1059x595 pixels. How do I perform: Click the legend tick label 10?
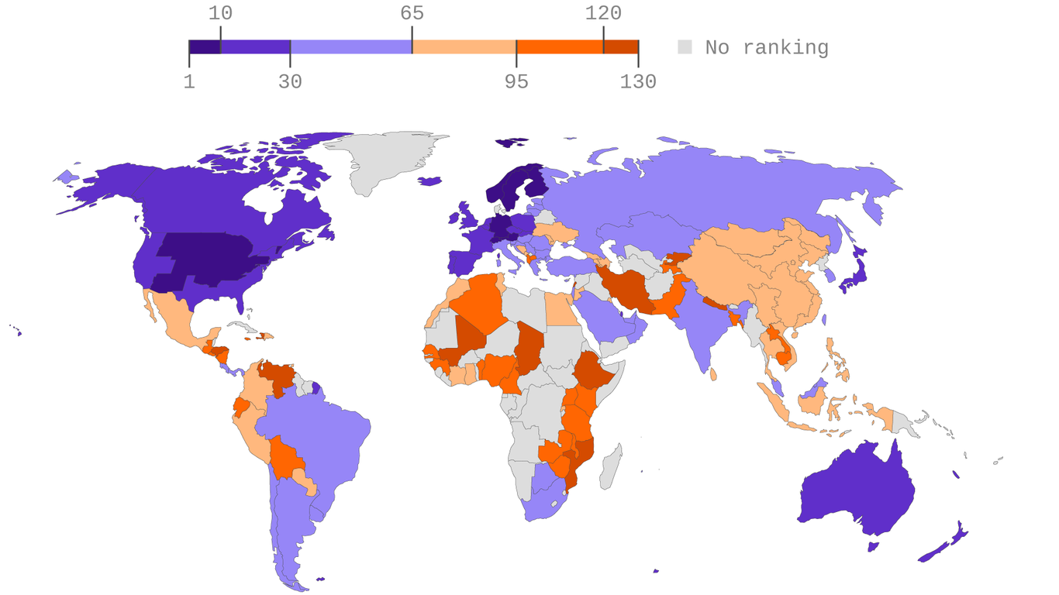(x=220, y=13)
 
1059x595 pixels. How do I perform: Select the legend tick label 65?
(x=412, y=13)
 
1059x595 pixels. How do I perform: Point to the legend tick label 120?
(x=603, y=13)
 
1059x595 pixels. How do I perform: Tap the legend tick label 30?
(x=290, y=81)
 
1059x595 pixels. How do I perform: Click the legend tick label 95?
(x=516, y=81)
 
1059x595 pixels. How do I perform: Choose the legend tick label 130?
(x=637, y=81)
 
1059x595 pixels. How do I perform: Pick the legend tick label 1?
(x=189, y=81)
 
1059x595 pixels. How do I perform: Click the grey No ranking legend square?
(x=685, y=47)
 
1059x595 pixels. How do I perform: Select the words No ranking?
(x=766, y=47)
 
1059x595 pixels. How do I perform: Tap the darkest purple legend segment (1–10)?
(x=205, y=47)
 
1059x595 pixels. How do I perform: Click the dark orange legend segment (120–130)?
(x=620, y=47)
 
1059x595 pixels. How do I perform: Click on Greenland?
(x=388, y=159)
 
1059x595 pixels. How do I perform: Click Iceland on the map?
(x=429, y=181)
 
